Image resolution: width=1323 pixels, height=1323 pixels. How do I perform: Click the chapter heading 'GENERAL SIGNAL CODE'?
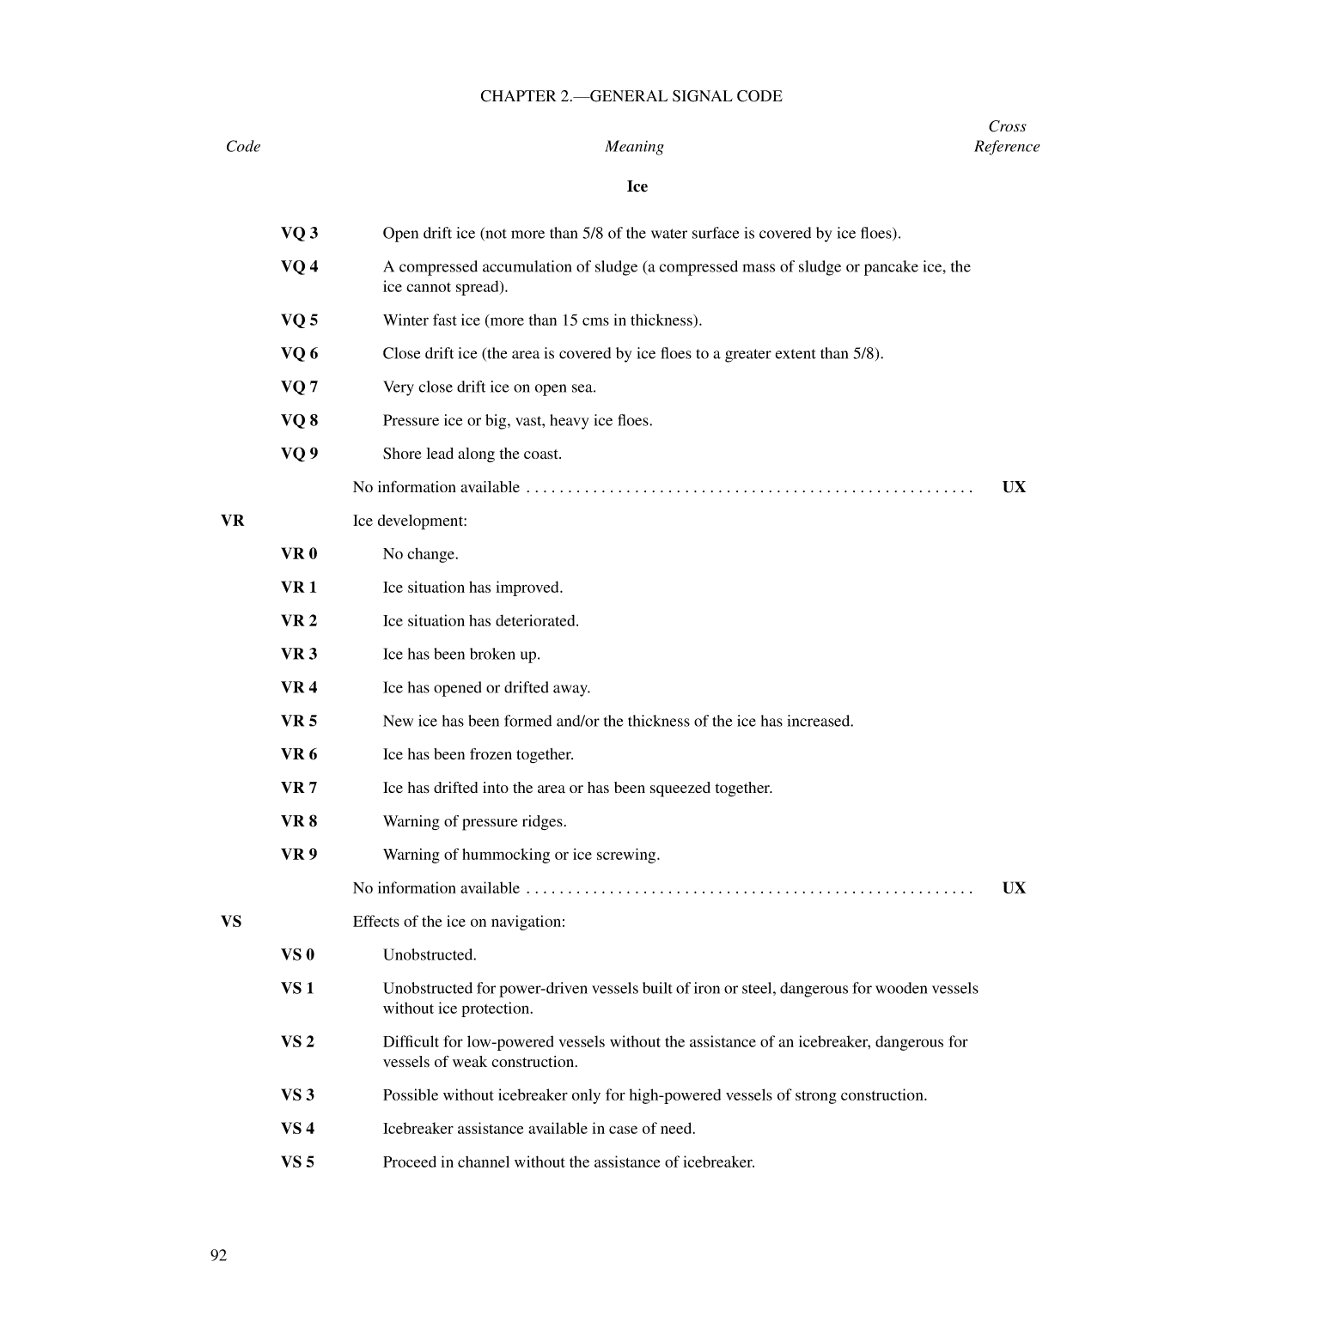click(631, 96)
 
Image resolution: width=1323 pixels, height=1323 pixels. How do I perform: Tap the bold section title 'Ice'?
click(637, 186)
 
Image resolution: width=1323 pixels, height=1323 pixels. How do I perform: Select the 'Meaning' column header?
click(633, 147)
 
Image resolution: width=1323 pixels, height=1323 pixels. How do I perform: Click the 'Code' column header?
click(242, 147)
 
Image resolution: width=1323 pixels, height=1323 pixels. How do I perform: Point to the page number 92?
click(218, 1255)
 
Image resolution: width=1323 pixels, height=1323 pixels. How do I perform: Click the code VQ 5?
click(299, 320)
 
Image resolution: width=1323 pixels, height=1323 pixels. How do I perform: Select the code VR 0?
click(298, 554)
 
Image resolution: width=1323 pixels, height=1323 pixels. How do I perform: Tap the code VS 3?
click(297, 1095)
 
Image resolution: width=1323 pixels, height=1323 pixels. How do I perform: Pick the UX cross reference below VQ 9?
click(1014, 487)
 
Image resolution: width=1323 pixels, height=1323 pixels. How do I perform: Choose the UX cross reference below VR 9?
click(1014, 888)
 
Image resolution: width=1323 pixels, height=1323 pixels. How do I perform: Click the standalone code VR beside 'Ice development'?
click(232, 521)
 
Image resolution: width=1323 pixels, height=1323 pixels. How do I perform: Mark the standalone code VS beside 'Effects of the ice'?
click(231, 922)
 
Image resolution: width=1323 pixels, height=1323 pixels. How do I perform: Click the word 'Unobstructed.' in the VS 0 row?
click(430, 955)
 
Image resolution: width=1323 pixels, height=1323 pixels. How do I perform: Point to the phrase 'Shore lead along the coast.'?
click(472, 454)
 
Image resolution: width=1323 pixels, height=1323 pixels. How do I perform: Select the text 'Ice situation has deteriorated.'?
click(480, 621)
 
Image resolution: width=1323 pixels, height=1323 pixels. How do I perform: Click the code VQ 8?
click(299, 421)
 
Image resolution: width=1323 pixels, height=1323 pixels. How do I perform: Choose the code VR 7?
click(298, 788)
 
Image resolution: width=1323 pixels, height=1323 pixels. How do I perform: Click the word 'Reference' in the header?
click(1006, 147)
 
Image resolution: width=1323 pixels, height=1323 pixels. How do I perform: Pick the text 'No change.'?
click(420, 554)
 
